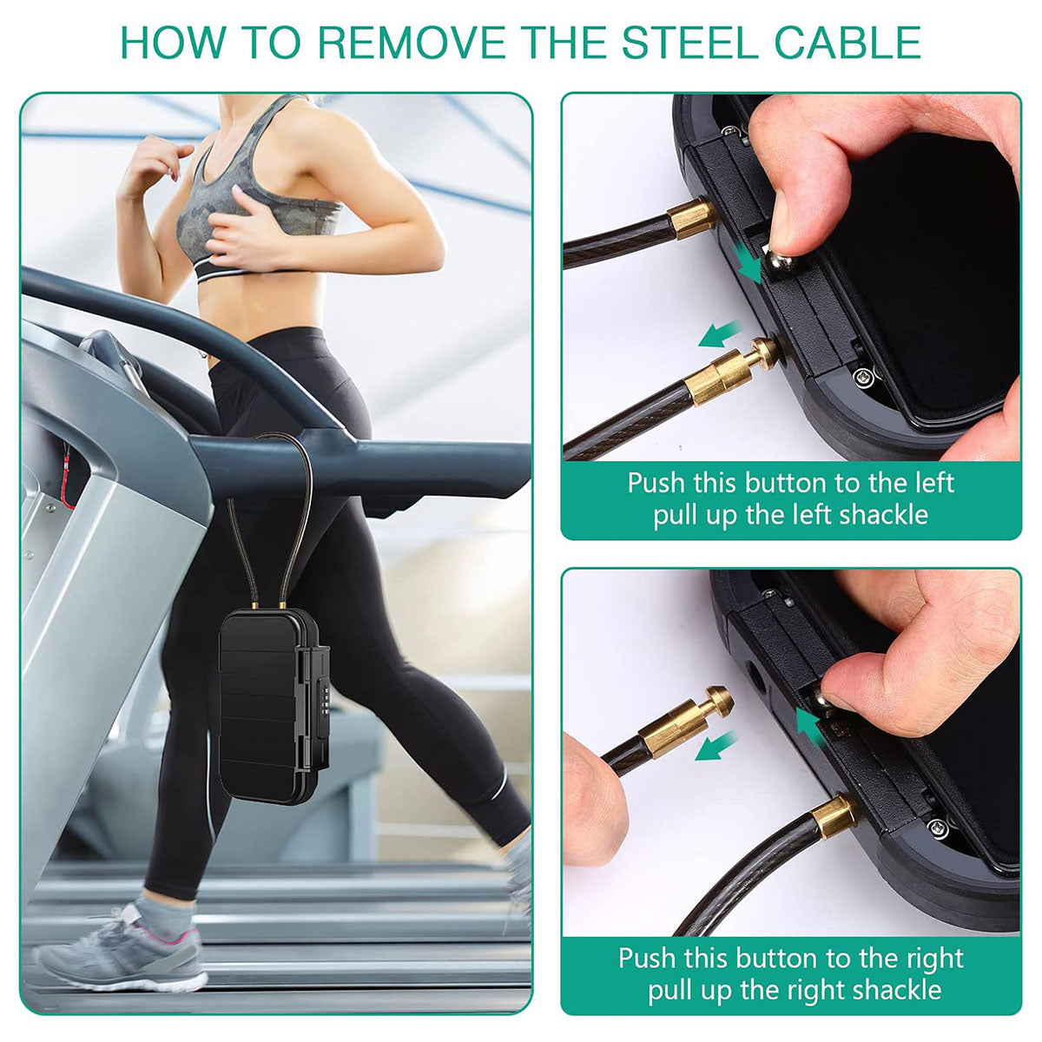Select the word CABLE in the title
[x=847, y=42]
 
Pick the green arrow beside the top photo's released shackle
[x=720, y=334]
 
